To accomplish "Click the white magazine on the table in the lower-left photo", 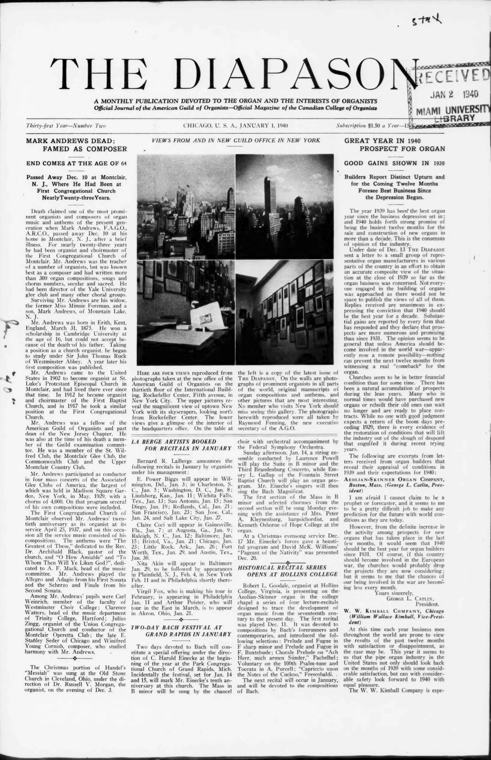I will [204, 316].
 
